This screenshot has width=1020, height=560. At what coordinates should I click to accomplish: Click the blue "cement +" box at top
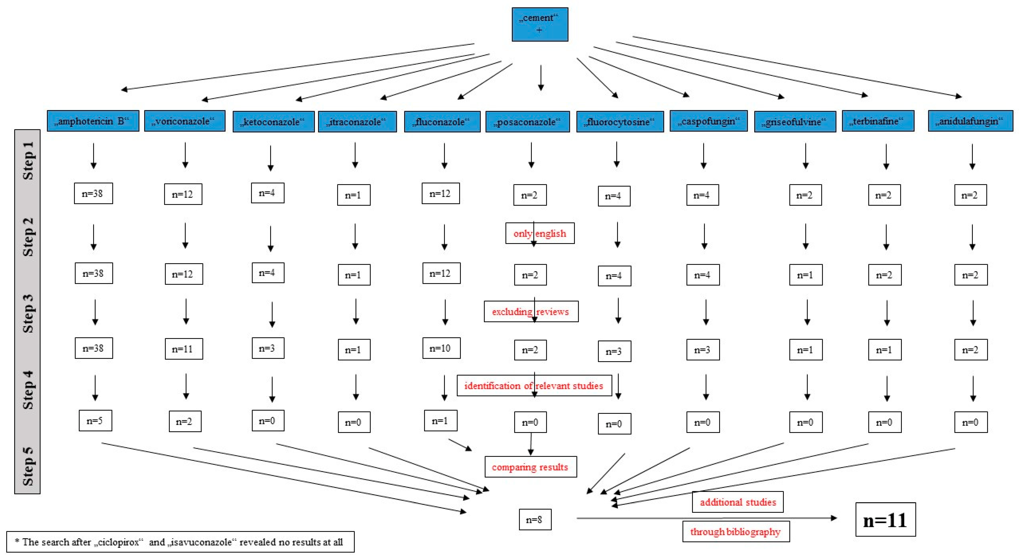pos(540,24)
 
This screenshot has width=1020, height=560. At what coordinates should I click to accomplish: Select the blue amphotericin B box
pos(93,121)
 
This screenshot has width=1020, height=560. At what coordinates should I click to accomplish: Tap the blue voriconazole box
pos(184,121)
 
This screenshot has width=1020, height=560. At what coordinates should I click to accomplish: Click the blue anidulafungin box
pos(970,121)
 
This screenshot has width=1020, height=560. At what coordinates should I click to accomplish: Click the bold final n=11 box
pos(885,520)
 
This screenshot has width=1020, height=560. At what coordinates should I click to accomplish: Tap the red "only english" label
pos(540,233)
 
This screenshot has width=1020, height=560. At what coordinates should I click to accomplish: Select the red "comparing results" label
pos(530,467)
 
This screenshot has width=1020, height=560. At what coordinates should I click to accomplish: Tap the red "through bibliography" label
pos(736,532)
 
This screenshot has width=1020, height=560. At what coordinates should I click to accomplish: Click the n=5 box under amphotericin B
pos(95,420)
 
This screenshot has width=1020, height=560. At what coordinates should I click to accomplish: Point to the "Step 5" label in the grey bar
pos(28,467)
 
